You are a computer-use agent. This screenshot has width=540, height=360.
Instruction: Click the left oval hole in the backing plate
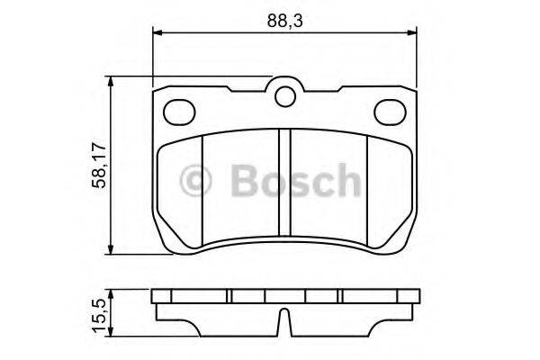click(181, 111)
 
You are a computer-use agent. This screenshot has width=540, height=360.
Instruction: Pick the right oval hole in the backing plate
click(389, 111)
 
